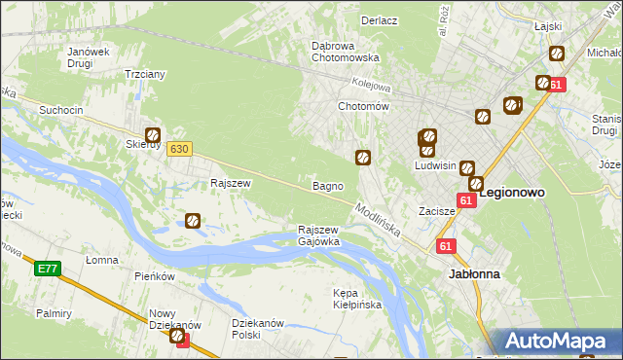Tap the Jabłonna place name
click(474, 274)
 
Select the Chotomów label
click(363, 106)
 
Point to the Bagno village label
click(326, 185)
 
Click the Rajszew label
click(232, 183)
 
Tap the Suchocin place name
click(60, 111)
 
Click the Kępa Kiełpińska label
click(357, 299)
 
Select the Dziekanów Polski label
click(257, 329)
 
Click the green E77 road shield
click(46, 270)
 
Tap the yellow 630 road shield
click(178, 149)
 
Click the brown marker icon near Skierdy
click(153, 136)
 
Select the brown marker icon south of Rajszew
click(193, 222)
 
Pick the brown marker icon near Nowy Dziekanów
click(178, 337)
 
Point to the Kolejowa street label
click(371, 85)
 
